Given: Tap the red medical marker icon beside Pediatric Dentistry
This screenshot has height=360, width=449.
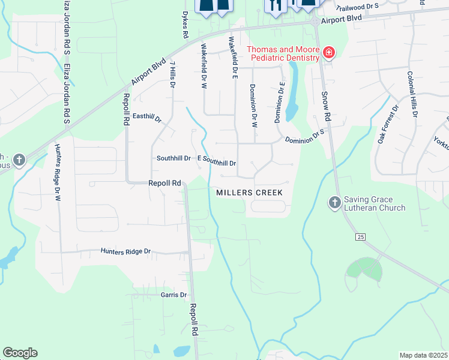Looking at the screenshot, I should tap(328, 53).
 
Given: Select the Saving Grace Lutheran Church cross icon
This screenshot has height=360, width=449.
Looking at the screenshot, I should tap(335, 203).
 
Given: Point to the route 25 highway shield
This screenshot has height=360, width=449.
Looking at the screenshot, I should tap(360, 237).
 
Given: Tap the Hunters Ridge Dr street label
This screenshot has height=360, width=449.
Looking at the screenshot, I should tap(125, 251).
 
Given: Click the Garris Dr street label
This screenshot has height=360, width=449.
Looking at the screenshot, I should tap(173, 295).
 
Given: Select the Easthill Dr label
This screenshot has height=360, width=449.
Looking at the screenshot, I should tap(148, 118).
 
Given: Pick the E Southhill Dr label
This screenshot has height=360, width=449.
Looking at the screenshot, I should tap(216, 162).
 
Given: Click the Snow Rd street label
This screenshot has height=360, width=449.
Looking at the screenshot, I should tap(327, 106).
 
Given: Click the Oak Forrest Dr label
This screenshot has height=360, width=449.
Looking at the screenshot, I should tap(388, 125).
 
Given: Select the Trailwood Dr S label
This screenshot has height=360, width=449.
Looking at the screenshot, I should tap(357, 7).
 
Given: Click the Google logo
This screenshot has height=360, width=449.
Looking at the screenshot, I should tap(20, 353).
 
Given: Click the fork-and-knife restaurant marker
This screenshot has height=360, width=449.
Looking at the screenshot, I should tap(276, 5).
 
